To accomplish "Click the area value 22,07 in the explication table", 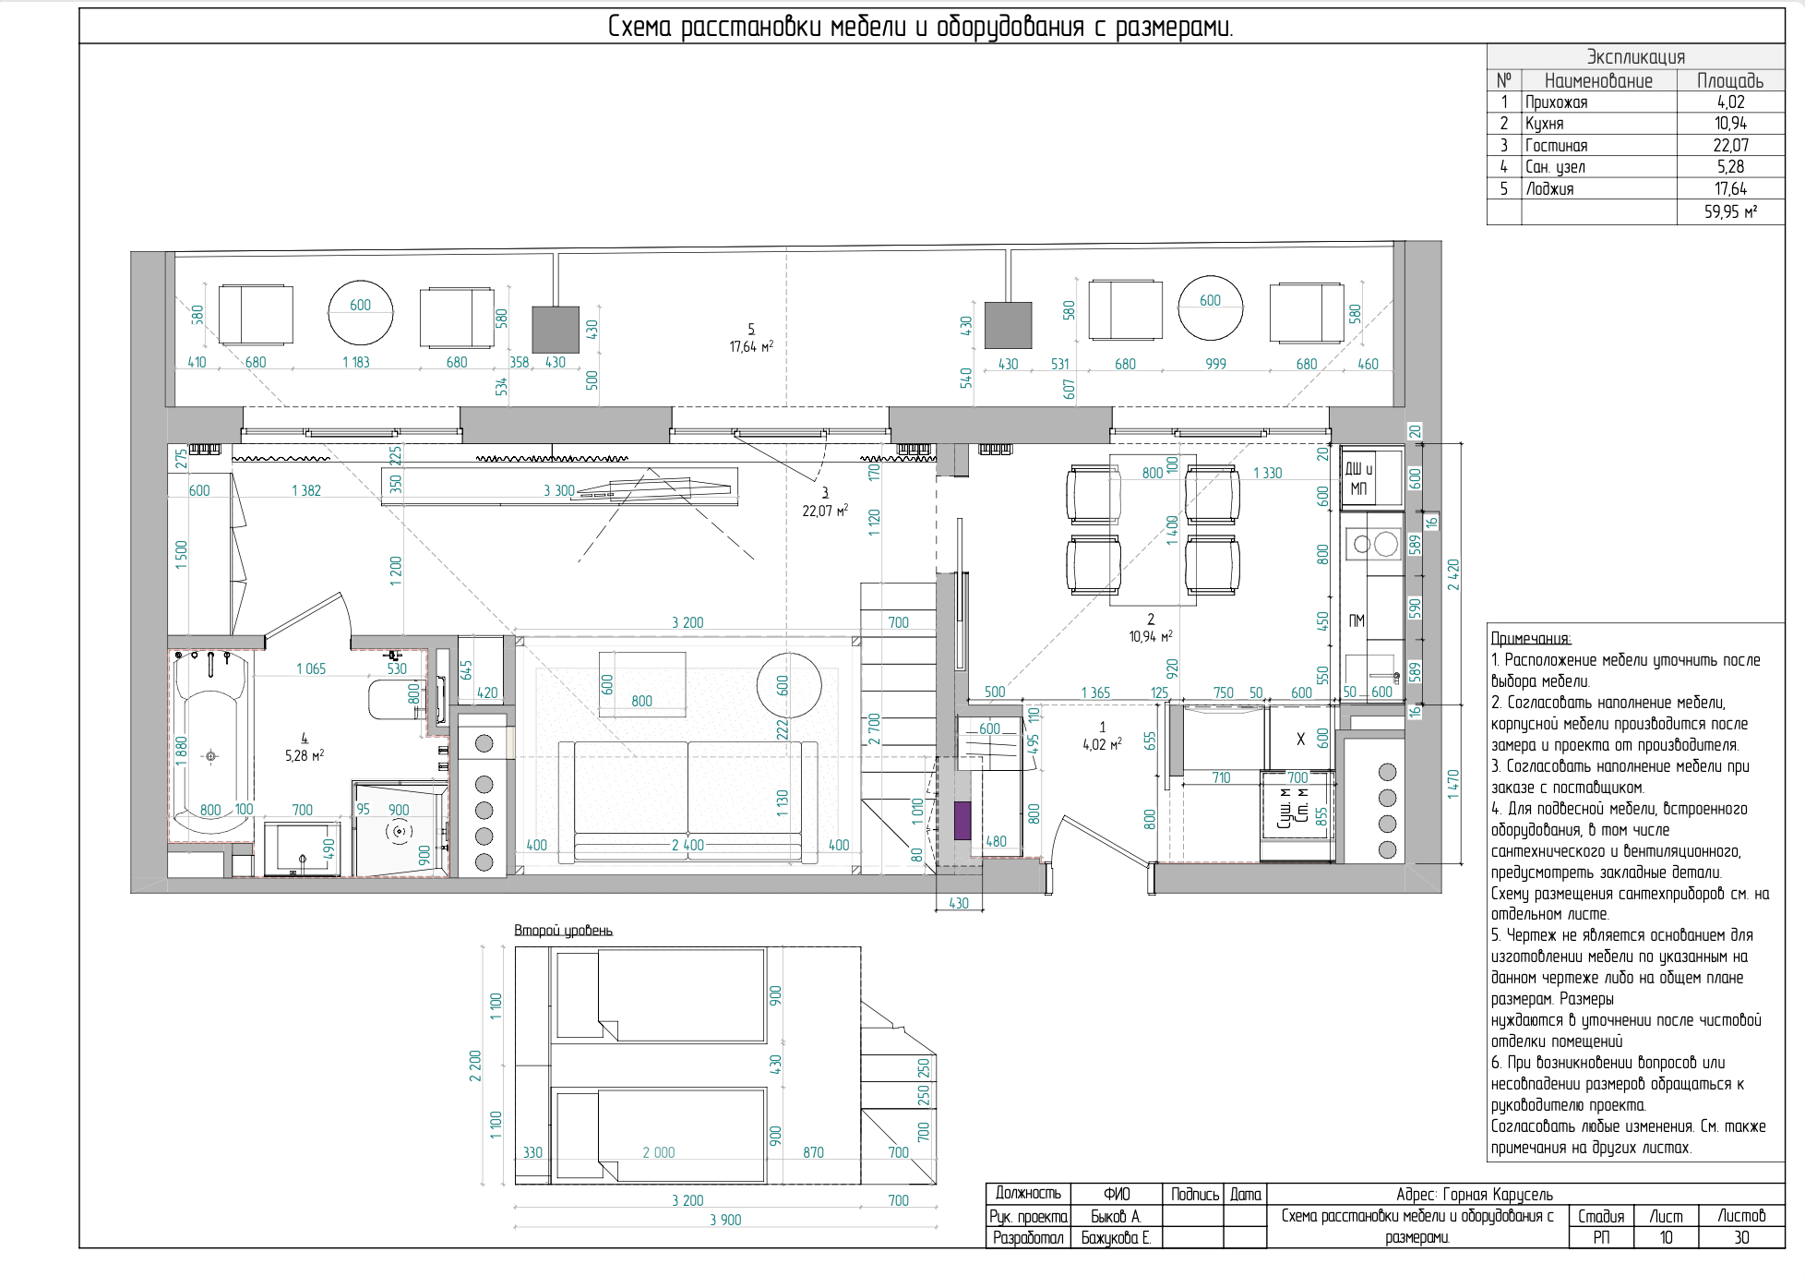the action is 1730,145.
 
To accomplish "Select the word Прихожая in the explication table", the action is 1557,102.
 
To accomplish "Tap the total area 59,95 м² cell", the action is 1730,211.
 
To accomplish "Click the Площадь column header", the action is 1730,80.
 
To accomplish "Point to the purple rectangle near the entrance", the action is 962,821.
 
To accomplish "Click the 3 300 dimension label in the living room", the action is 559,491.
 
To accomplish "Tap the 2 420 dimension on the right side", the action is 1453,574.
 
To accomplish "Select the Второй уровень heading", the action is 563,931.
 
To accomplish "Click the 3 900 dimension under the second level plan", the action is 725,1220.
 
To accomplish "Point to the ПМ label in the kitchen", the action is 1357,620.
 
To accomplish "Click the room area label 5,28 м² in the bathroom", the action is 305,755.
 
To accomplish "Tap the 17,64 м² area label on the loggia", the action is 751,346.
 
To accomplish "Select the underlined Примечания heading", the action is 1531,638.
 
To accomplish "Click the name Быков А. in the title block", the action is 1117,1216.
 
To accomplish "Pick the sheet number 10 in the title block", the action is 1667,1237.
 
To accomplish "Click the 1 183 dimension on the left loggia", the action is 355,362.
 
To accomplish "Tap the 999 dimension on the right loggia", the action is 1216,364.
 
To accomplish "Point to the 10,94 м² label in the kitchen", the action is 1151,636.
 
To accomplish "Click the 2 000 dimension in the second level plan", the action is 659,1152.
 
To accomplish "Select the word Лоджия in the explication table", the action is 1550,189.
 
